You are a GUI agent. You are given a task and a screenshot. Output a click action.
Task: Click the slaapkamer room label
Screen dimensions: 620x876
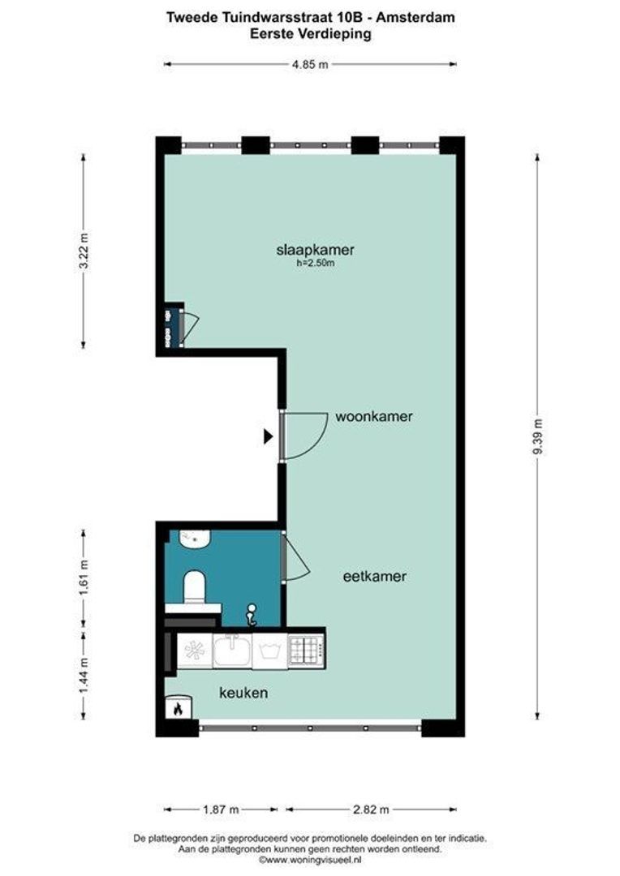click(316, 250)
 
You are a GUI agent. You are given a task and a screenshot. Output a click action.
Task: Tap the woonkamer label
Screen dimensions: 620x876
click(374, 416)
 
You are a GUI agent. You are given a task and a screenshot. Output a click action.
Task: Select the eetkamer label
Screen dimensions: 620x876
click(375, 576)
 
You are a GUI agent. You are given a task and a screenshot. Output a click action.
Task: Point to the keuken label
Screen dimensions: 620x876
click(243, 693)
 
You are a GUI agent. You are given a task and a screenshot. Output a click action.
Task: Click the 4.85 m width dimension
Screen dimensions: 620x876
click(310, 64)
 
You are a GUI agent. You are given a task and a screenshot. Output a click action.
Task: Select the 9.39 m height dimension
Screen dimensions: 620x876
click(538, 436)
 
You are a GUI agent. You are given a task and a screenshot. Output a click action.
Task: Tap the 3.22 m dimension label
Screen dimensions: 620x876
click(84, 250)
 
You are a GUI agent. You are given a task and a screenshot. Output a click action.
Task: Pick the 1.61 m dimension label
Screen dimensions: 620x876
click(84, 578)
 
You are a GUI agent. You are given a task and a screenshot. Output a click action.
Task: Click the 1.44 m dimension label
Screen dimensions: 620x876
click(84, 676)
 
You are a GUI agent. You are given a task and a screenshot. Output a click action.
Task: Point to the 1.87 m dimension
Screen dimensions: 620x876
click(221, 809)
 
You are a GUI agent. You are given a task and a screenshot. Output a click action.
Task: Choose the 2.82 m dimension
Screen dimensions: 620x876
click(371, 809)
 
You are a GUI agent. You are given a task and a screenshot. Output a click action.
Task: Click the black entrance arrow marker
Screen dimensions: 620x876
click(269, 436)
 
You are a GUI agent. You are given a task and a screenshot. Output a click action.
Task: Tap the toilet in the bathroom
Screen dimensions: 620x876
click(195, 586)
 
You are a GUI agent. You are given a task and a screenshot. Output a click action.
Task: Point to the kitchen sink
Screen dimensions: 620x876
click(232, 650)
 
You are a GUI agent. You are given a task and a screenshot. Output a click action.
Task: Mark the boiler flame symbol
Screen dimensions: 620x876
click(179, 709)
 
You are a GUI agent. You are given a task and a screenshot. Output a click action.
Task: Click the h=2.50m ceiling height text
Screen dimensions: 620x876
click(316, 263)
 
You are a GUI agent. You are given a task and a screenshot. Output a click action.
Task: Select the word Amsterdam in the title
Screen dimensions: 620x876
click(415, 17)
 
